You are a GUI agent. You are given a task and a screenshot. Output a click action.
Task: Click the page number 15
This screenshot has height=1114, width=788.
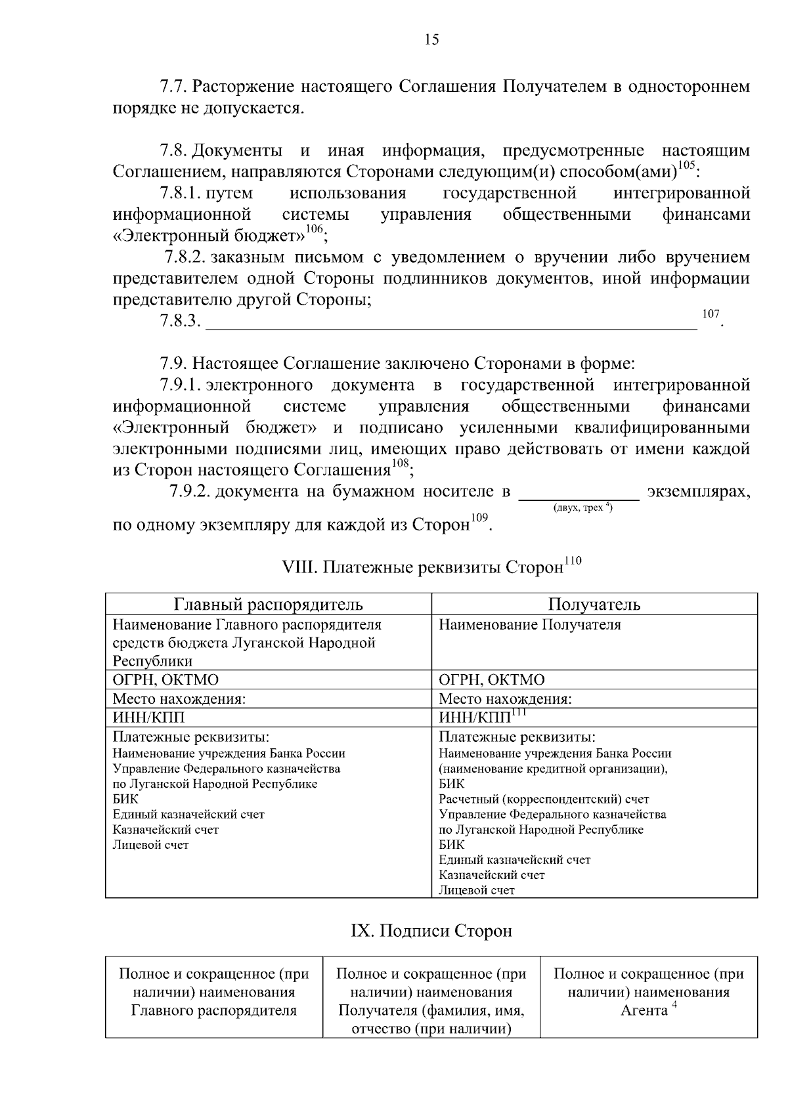click(431, 40)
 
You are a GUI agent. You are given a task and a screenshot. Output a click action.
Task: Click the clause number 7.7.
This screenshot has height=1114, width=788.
click(174, 87)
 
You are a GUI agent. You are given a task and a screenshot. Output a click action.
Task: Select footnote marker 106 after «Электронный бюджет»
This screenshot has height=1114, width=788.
click(315, 228)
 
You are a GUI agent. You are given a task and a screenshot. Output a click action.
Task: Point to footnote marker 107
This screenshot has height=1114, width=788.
click(711, 314)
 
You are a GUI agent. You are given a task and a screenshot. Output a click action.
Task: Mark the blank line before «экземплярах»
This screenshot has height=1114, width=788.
click(579, 494)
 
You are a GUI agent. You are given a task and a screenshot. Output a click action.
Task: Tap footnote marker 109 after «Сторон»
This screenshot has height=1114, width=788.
click(480, 518)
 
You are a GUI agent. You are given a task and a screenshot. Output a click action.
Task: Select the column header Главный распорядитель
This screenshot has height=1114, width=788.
click(268, 604)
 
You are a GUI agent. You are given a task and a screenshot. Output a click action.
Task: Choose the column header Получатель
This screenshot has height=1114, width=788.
click(594, 604)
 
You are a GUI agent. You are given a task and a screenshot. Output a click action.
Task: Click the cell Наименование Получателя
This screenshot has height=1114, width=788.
click(529, 625)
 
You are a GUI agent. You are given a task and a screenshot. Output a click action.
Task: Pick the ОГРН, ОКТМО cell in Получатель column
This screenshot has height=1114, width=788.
click(491, 679)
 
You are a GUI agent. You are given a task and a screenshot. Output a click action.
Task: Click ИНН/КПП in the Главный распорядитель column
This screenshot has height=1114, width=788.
click(149, 717)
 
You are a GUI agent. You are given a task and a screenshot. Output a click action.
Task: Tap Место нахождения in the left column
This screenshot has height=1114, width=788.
click(179, 698)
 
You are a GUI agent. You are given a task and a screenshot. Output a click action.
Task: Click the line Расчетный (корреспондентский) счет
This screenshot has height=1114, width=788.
click(543, 799)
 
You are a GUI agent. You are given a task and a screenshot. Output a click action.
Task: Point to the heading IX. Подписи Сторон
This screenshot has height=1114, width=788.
click(431, 931)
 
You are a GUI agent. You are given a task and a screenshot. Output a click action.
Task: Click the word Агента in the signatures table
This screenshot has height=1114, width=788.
click(644, 1010)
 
